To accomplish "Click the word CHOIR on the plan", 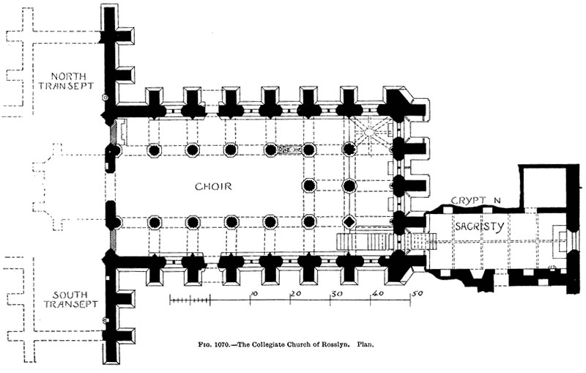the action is (213, 186).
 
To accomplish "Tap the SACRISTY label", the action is (480, 226).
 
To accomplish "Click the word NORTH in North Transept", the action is (68, 76).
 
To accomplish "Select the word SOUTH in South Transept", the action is (70, 295).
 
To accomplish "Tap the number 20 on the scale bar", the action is (296, 293).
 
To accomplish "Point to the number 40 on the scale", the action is (378, 293).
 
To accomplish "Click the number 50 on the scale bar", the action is (418, 293).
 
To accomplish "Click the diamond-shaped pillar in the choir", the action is (349, 222).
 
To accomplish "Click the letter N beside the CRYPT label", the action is (497, 200).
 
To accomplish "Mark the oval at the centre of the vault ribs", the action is (369, 132).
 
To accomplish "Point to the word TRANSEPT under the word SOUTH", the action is (70, 304).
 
